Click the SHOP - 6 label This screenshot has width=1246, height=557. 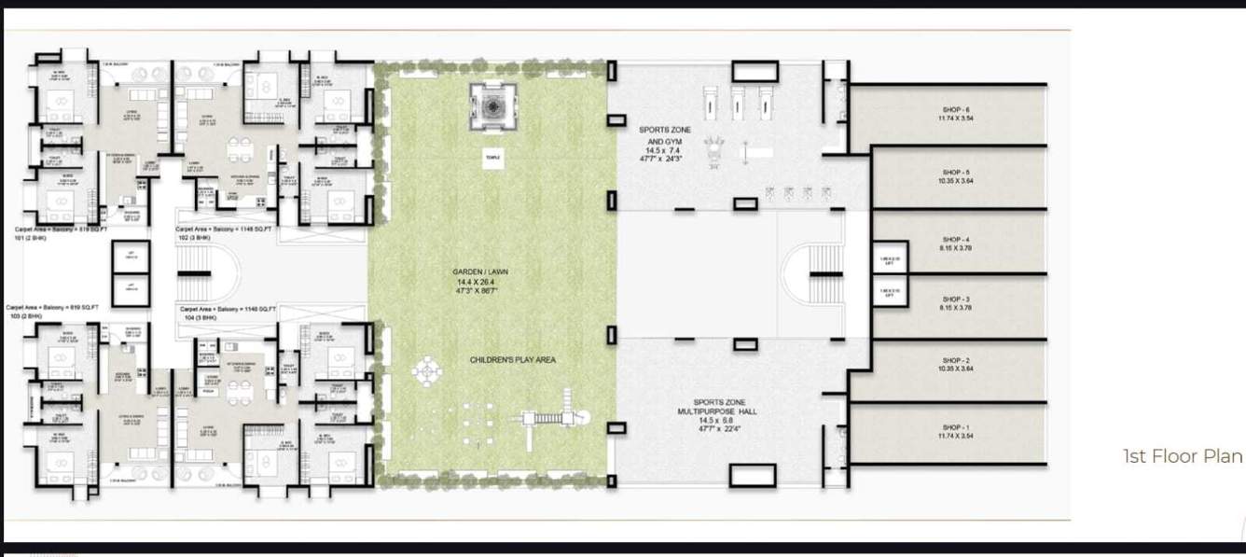coord(956,109)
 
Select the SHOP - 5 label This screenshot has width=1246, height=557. coord(956,173)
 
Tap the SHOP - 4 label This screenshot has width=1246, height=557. coord(956,240)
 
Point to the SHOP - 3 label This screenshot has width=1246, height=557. coord(956,299)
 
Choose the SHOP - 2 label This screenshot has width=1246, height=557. coord(956,360)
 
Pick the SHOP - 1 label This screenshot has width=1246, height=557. coord(956,426)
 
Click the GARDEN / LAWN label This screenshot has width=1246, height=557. coord(482,272)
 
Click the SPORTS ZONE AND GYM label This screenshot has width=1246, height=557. coord(665,134)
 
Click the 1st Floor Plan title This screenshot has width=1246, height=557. coord(1183,456)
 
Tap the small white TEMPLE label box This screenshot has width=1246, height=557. coord(491,158)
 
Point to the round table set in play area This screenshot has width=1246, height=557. coord(426,371)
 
